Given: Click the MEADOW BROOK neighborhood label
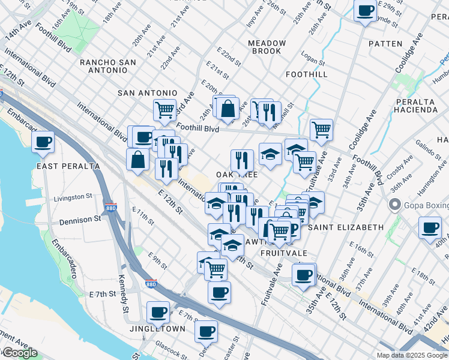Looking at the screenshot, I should click(x=267, y=47).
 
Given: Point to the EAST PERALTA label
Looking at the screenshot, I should click(x=59, y=166).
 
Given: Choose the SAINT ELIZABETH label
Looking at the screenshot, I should click(x=345, y=227).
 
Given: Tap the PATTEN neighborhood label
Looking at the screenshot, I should click(x=385, y=44).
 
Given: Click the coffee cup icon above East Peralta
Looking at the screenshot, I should click(x=43, y=143).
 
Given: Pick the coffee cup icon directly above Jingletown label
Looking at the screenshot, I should click(x=158, y=312).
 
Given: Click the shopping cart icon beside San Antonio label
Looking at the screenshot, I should click(x=164, y=110).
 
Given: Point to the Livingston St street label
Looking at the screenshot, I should click(x=73, y=196).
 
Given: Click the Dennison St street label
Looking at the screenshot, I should click(x=80, y=220).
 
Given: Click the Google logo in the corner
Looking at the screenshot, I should click(x=19, y=353).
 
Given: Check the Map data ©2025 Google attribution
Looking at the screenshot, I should click(x=411, y=355).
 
